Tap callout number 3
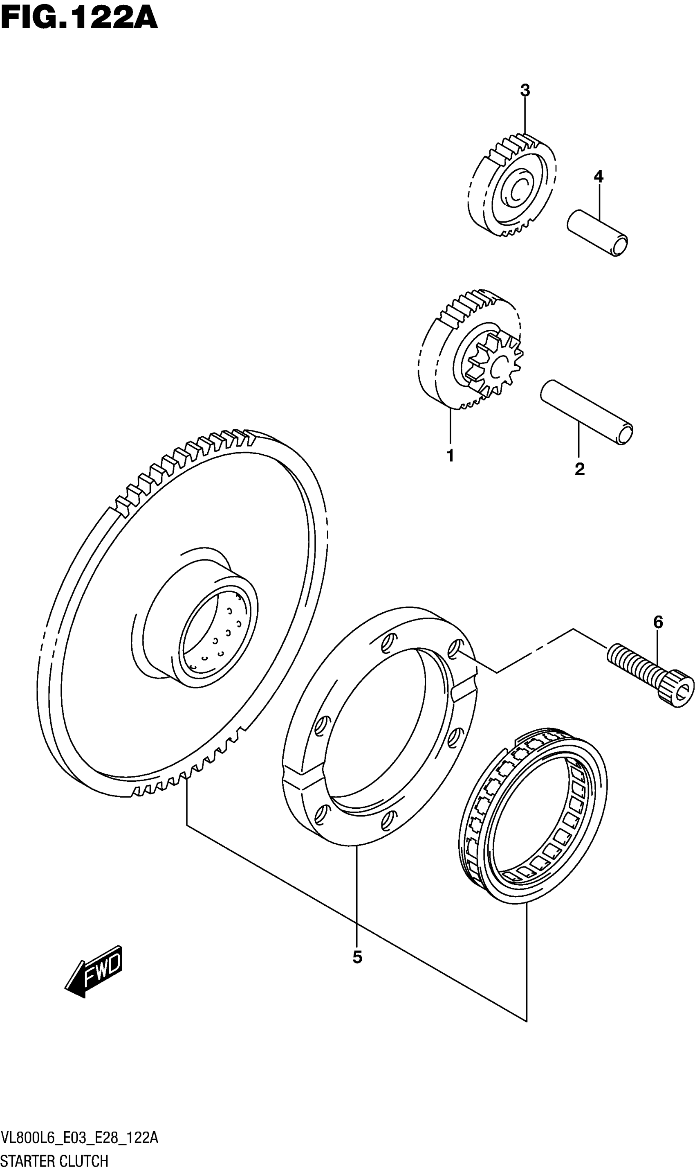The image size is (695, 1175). click(525, 90)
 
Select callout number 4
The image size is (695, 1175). click(598, 177)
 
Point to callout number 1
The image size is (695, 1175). click(450, 456)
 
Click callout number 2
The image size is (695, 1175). click(579, 469)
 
